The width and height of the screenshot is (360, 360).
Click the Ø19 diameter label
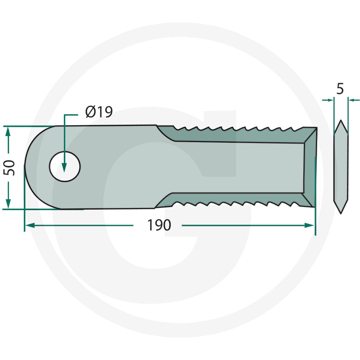(x=99, y=112)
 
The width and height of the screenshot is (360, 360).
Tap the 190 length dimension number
(x=159, y=225)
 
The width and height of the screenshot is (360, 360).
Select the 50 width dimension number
(x=9, y=168)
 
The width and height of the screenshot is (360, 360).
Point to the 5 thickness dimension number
(x=340, y=89)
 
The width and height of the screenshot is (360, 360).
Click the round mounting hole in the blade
(x=65, y=166)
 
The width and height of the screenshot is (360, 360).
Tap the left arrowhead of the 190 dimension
(x=30, y=225)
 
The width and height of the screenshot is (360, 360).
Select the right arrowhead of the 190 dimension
(x=309, y=225)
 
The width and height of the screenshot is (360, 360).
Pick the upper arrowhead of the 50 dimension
(x=8, y=132)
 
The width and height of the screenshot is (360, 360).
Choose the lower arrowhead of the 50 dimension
(x=8, y=203)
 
